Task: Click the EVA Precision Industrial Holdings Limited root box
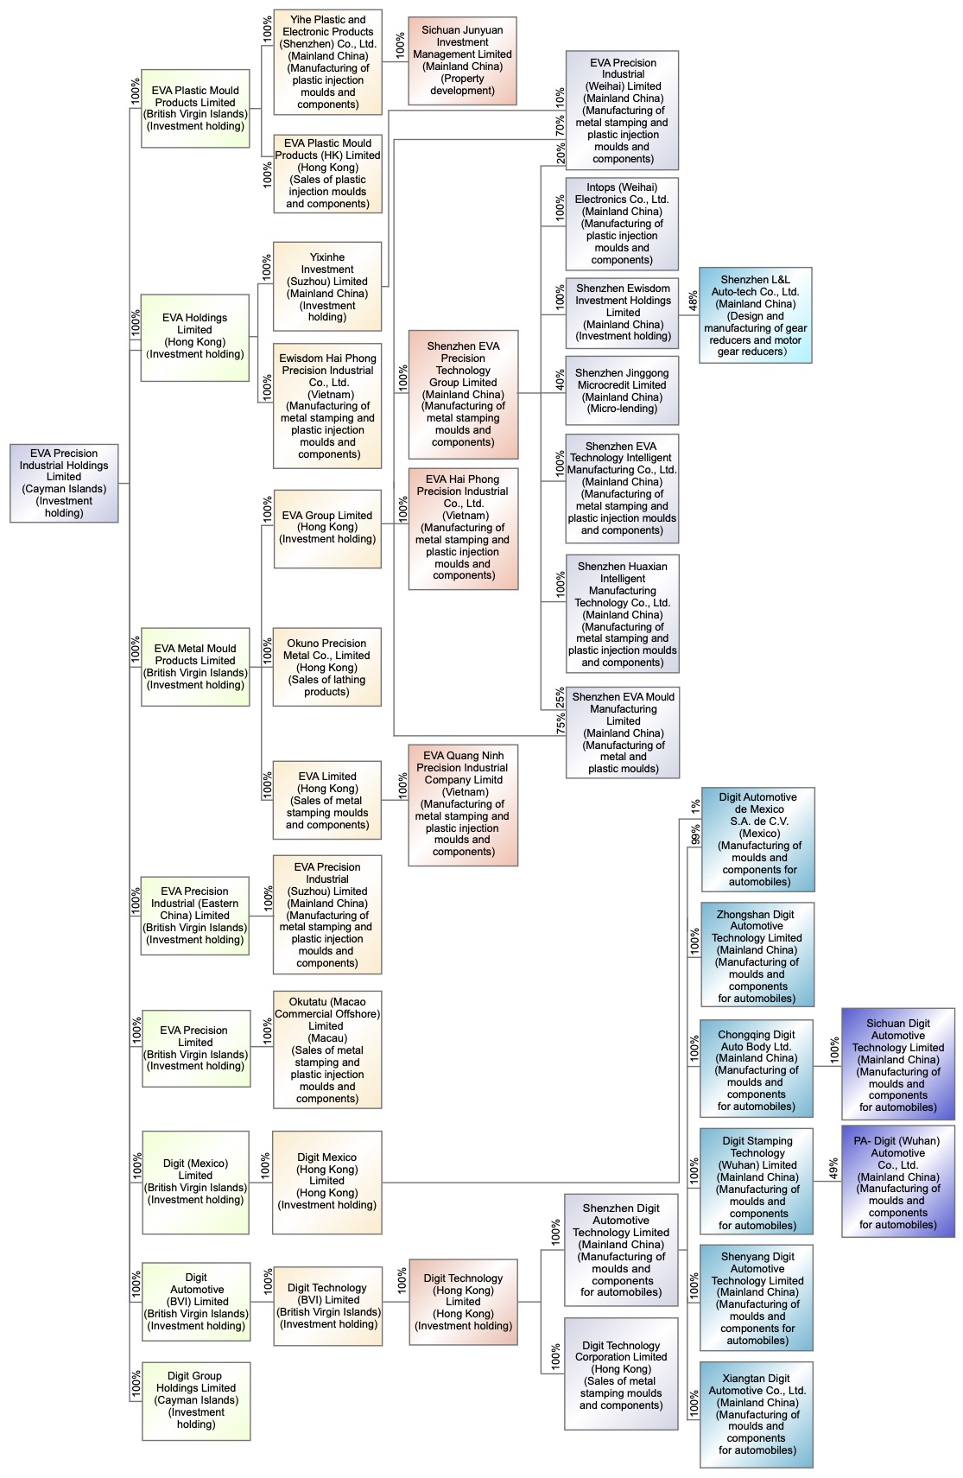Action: coord(64,483)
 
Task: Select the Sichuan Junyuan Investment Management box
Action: coord(462,60)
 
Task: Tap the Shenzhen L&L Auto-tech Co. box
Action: coord(755,315)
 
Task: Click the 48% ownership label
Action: coord(694,301)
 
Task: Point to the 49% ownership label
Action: coord(833,1169)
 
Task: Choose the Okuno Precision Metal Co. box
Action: coord(326,667)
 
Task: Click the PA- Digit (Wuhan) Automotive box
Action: coord(897,1181)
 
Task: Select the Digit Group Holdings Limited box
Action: coord(196,1399)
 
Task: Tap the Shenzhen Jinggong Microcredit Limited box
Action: coord(622,390)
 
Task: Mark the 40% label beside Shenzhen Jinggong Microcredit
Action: coord(560,380)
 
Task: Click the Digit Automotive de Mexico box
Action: coord(757,840)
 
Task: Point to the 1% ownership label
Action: coord(695,805)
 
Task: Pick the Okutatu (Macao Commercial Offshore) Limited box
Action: coord(327,1050)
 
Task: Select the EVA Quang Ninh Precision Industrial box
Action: coord(463,804)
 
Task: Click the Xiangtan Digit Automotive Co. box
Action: coord(757,1413)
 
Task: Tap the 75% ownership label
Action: coord(561,724)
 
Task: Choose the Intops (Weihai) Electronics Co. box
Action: coord(622,224)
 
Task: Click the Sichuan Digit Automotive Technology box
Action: coord(897,1064)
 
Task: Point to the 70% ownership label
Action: coord(560,126)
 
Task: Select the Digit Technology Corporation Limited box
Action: coord(621,1374)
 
